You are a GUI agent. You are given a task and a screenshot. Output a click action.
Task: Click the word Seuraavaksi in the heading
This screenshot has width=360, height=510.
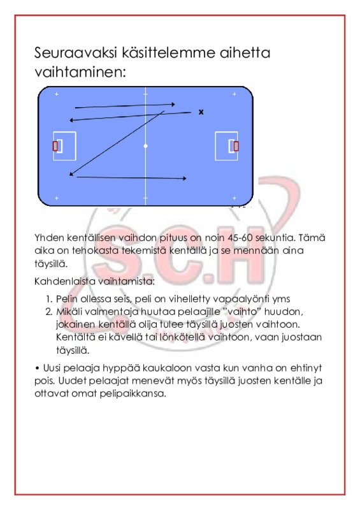(x=75, y=52)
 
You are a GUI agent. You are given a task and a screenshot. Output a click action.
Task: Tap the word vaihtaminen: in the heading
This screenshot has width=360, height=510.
(x=80, y=72)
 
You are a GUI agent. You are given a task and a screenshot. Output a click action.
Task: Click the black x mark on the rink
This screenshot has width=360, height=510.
(x=201, y=112)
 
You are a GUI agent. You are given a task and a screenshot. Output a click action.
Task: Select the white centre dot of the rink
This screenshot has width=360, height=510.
(x=145, y=146)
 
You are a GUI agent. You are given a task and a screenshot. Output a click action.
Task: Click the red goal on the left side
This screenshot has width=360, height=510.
(x=55, y=146)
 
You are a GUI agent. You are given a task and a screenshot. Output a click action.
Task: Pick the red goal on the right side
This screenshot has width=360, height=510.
(x=236, y=146)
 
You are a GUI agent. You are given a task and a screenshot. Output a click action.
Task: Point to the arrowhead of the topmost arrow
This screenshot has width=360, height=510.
(x=173, y=105)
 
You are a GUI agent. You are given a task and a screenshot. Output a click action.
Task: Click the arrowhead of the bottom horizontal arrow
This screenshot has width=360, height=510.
(x=184, y=178)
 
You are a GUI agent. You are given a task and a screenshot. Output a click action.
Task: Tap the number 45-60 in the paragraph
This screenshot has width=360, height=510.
(x=240, y=238)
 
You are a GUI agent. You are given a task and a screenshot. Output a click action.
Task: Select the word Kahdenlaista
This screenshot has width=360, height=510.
(x=64, y=281)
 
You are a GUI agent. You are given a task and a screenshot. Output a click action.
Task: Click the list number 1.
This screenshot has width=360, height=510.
(x=49, y=299)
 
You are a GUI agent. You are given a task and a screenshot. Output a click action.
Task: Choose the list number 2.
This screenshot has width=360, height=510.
(x=49, y=312)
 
